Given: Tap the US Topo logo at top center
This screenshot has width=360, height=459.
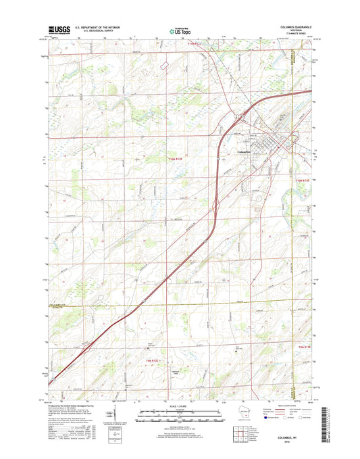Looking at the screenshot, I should click(180, 29).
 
